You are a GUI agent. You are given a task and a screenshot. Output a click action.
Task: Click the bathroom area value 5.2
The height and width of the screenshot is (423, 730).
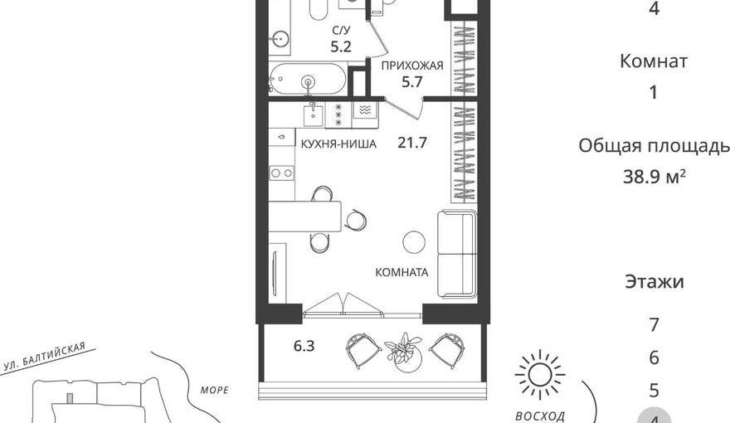pyautogui.click(x=341, y=46)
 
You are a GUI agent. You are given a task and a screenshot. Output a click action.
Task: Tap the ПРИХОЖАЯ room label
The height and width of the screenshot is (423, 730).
pyautogui.click(x=412, y=66)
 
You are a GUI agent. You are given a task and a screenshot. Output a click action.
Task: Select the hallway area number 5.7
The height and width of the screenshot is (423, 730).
pyautogui.click(x=412, y=82)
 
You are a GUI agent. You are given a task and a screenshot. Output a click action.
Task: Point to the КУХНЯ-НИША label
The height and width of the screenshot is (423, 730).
pyautogui.click(x=338, y=143)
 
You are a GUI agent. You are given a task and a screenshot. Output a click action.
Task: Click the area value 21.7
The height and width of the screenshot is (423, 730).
pyautogui.click(x=412, y=143)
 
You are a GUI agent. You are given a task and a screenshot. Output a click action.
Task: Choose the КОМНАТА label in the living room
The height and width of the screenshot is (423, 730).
pyautogui.click(x=401, y=272)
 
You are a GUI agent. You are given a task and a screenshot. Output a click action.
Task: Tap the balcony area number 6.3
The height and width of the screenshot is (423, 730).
pyautogui.click(x=304, y=346)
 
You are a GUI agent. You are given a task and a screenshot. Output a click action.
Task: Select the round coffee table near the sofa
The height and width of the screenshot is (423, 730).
pyautogui.click(x=414, y=242)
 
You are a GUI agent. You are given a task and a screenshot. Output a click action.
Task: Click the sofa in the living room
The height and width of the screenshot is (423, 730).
pyautogui.click(x=457, y=254)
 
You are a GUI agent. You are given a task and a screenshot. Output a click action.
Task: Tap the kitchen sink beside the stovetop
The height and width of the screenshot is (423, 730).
pyautogui.click(x=314, y=115)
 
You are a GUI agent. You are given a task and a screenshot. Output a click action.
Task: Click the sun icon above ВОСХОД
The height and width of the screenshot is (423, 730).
pyautogui.click(x=540, y=375)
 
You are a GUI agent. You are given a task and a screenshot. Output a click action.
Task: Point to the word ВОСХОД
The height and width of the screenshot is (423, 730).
pyautogui.click(x=540, y=416)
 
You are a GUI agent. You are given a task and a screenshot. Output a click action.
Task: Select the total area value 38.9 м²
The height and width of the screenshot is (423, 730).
pyautogui.click(x=655, y=177)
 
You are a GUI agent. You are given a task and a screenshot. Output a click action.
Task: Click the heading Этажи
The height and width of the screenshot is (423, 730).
pyautogui.click(x=655, y=281)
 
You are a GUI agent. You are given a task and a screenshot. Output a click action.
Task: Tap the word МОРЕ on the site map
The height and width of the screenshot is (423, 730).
pyautogui.click(x=215, y=390)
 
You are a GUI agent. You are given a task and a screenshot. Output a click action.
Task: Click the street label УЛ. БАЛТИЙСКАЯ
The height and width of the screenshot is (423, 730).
pyautogui.click(x=44, y=357)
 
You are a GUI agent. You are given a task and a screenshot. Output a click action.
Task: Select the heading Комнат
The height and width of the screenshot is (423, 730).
pyautogui.click(x=654, y=61)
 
